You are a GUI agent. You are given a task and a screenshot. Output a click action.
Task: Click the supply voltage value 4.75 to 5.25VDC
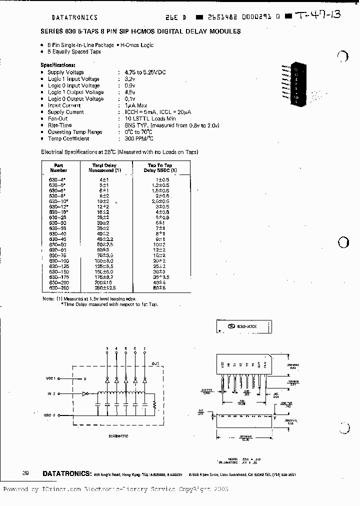pyautogui.click(x=145, y=72)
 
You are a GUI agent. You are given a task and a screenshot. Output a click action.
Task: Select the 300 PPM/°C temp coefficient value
pyautogui.click(x=139, y=138)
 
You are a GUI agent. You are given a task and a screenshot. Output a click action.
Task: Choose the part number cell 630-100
pyautogui.click(x=59, y=261)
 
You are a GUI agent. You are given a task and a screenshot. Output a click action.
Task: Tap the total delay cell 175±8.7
pyautogui.click(x=104, y=276)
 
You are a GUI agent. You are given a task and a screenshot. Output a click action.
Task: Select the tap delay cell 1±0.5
pyautogui.click(x=162, y=178)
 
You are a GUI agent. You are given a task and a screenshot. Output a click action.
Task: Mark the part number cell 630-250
pyautogui.click(x=59, y=288)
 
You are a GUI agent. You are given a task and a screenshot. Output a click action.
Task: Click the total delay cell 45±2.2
pyautogui.click(x=104, y=239)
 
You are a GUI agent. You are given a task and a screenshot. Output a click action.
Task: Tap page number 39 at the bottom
pyautogui.click(x=25, y=473)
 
